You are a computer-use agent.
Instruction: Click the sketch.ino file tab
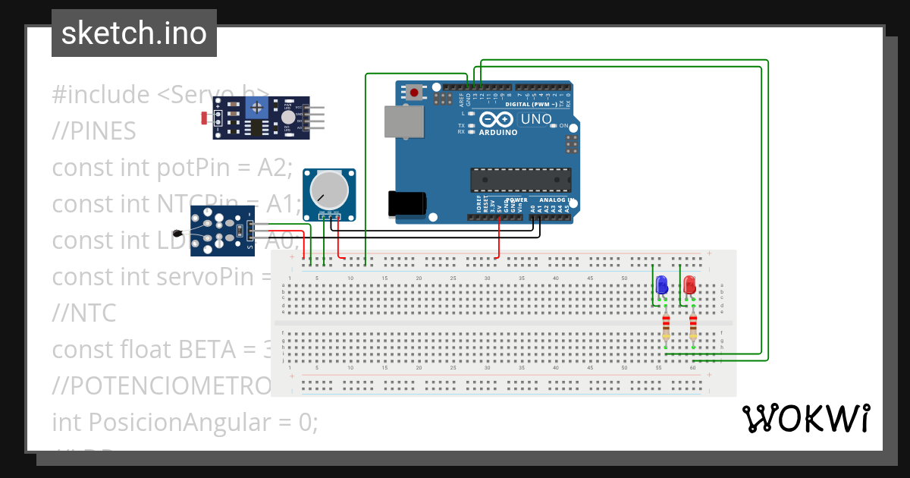click(x=133, y=33)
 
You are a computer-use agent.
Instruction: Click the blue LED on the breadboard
click(x=661, y=285)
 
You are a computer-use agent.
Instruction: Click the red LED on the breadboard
click(x=689, y=285)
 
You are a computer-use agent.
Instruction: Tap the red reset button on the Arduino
click(x=414, y=93)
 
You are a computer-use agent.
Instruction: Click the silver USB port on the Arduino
click(x=403, y=122)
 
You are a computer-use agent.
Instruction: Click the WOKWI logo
click(x=805, y=418)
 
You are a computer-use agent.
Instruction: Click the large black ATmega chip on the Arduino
click(x=520, y=180)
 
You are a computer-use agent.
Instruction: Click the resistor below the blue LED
click(x=666, y=328)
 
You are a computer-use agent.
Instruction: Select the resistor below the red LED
click(x=693, y=328)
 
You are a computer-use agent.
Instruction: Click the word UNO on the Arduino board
click(x=536, y=120)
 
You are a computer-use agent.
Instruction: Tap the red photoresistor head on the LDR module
click(x=204, y=118)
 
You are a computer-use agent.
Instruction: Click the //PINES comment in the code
click(x=94, y=131)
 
